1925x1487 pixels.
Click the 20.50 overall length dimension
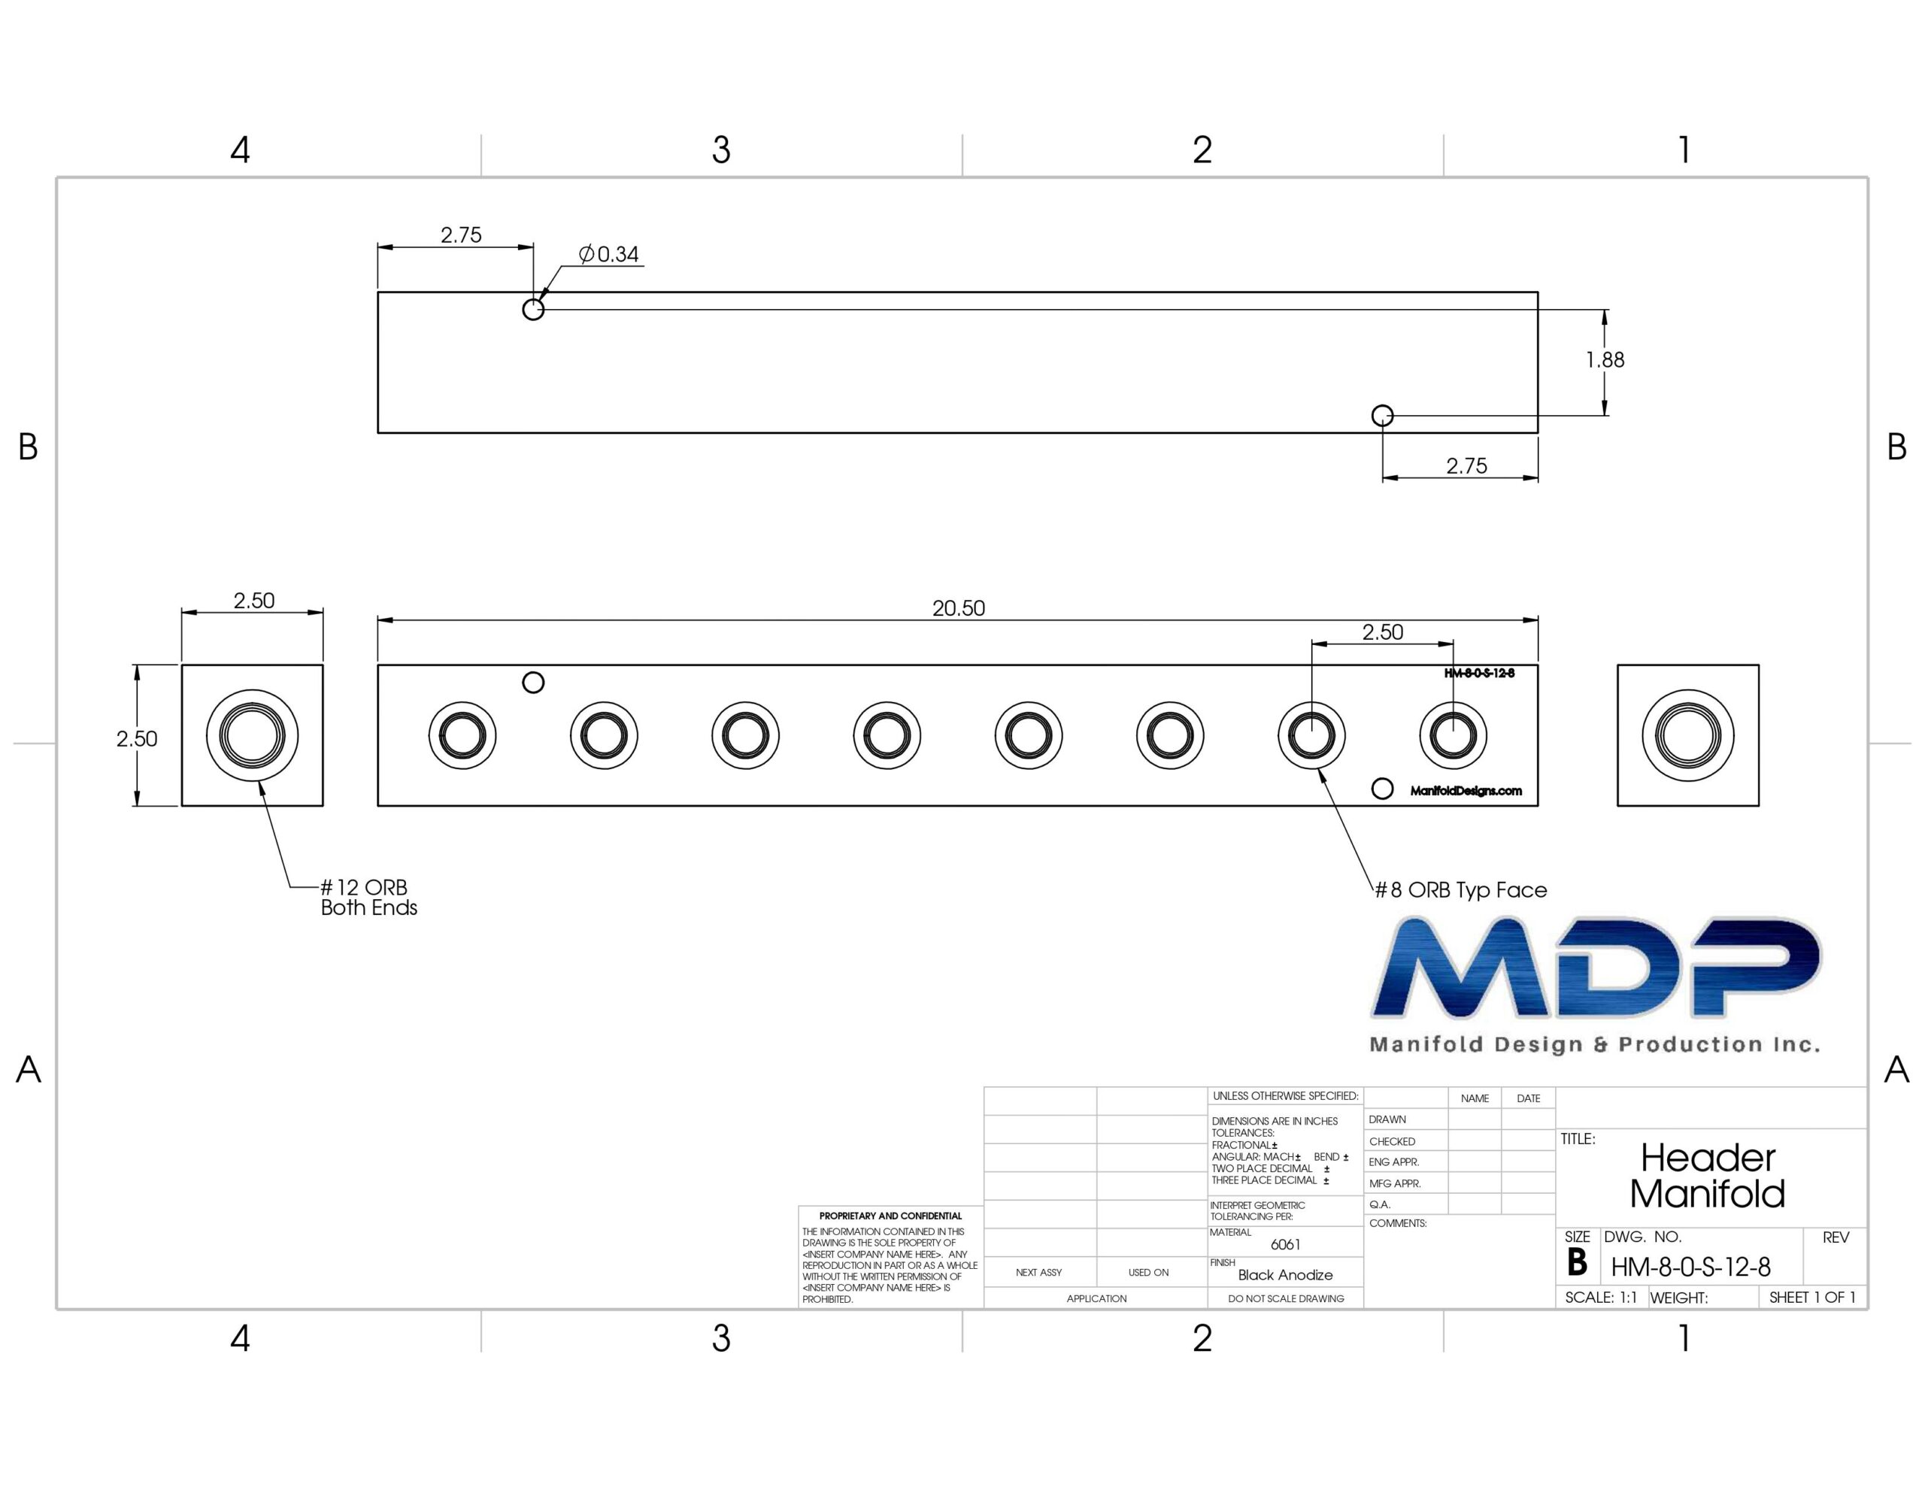coord(958,608)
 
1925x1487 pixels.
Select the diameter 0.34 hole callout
coord(609,255)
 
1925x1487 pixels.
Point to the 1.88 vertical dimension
coord(1605,359)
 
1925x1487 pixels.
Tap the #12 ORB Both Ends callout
coord(368,898)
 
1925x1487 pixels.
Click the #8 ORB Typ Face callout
coord(1460,890)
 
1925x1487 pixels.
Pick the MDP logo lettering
coord(1596,967)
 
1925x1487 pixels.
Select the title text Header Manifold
coord(1707,1176)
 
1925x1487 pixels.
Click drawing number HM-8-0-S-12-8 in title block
coord(1690,1267)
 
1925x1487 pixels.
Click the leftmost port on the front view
coord(462,735)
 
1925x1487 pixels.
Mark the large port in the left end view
coord(252,735)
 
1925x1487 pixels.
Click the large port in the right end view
coord(1688,735)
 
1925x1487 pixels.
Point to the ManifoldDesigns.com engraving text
coord(1466,791)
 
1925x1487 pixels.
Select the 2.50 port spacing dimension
coord(1382,632)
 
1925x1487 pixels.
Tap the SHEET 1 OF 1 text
coord(1812,1298)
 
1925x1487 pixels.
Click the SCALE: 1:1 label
coord(1601,1298)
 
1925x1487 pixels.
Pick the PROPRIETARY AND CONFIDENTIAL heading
coord(890,1216)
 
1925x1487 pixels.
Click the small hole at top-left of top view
coord(533,310)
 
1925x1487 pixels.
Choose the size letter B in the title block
coord(1577,1262)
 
